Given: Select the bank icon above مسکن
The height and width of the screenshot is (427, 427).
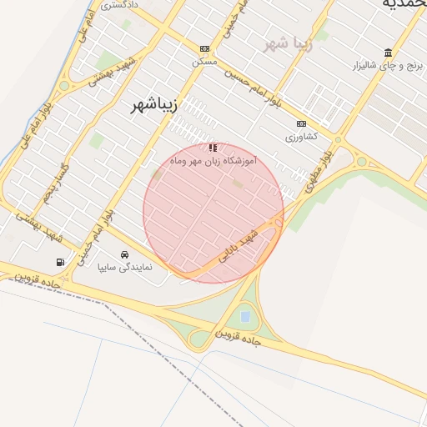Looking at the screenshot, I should point(204,49).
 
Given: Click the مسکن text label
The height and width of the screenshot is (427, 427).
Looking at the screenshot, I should point(203,63).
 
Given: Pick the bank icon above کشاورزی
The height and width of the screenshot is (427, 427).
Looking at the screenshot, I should point(301,123).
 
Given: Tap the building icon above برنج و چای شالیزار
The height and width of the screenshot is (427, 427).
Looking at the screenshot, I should point(388,53).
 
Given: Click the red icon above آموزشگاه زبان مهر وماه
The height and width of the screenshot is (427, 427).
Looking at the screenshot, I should point(212,147).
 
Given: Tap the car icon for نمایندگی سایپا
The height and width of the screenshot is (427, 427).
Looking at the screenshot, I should point(125,255).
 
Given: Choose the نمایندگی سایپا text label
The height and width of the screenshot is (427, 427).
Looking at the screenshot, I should point(125,268).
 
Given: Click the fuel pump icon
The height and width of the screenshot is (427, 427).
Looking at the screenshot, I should point(60,262).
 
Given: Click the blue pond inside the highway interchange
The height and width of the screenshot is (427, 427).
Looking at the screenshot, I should point(244,317).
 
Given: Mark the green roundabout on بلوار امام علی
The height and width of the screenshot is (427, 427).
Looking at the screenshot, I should point(64,85).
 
